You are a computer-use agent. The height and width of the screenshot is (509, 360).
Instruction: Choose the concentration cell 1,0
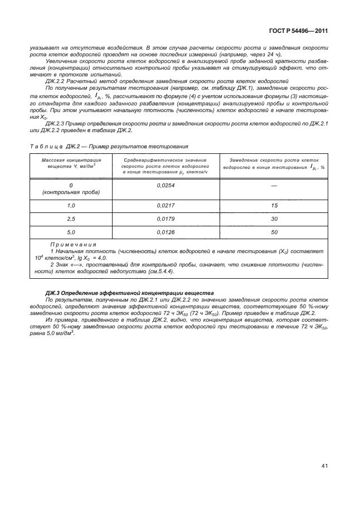click(x=71, y=206)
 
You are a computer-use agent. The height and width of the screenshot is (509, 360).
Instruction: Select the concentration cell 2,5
click(x=71, y=219)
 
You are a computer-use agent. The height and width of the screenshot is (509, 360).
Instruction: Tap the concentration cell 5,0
click(x=71, y=232)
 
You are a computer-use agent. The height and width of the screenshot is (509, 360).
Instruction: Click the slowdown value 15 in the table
click(x=274, y=206)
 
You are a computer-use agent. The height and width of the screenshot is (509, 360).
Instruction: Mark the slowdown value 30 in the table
click(x=274, y=219)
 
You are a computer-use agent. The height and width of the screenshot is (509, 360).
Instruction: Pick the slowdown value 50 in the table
click(x=274, y=232)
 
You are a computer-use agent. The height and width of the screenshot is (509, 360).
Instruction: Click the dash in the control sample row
click(x=274, y=185)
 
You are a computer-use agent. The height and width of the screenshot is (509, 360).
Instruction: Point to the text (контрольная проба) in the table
click(x=71, y=192)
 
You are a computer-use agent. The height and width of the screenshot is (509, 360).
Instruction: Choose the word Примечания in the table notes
click(x=73, y=244)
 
